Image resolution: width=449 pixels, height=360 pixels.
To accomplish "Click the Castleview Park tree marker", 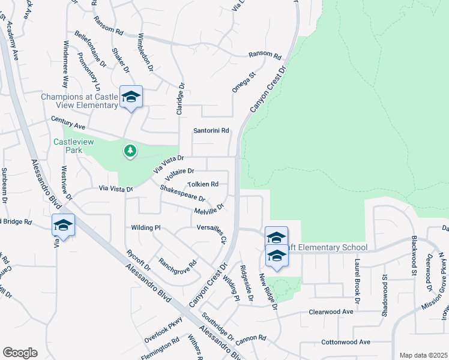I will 130,150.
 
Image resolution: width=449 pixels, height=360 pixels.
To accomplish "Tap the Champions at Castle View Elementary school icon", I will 131,97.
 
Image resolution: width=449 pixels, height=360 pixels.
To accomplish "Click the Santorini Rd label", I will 211,130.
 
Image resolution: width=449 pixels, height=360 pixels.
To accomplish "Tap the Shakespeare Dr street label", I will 182,193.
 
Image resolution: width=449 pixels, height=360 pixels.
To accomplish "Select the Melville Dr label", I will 209,209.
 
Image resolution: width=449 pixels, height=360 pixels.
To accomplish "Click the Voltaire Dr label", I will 179,173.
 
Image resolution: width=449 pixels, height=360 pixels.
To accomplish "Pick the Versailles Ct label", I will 211,233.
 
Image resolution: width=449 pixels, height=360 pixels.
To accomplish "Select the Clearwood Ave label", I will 331,312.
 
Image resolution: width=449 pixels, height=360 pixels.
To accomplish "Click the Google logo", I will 20,353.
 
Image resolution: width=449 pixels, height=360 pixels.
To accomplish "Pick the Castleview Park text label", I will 67,146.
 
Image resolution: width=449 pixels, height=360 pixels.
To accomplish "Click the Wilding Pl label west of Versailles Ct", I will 146,228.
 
